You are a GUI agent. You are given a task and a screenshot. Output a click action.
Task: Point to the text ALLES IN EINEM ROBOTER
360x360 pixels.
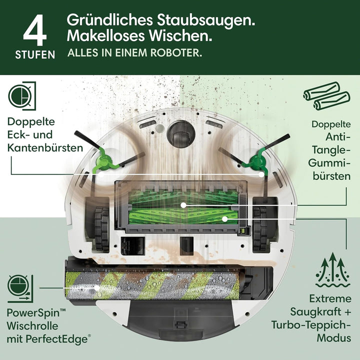(134, 53)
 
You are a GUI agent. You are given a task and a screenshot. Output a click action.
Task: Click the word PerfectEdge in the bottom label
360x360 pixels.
(63, 339)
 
